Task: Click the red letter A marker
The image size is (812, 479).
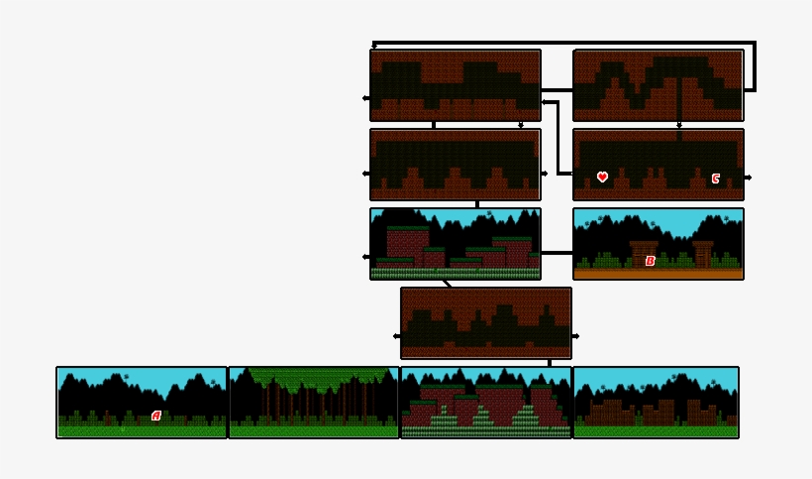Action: click(155, 416)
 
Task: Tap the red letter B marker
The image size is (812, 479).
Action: click(650, 261)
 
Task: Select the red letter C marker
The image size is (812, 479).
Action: click(715, 179)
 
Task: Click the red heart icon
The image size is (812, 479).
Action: click(602, 178)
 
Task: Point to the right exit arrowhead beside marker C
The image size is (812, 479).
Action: click(749, 178)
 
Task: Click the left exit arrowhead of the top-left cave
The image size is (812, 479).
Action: click(365, 98)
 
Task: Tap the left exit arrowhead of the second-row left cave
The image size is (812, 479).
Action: click(365, 174)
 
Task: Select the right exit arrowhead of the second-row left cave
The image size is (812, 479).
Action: click(545, 174)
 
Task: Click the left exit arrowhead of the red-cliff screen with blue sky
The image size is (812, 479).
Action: click(365, 257)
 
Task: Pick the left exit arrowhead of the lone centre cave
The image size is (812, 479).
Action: click(396, 336)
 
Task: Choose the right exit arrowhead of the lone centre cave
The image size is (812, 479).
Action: click(576, 336)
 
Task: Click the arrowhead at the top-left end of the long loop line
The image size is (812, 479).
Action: click(373, 46)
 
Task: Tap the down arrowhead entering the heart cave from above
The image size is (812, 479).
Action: click(679, 126)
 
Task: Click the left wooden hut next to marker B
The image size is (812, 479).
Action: click(643, 252)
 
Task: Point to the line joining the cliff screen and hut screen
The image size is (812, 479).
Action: click(557, 252)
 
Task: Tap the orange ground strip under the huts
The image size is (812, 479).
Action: click(658, 274)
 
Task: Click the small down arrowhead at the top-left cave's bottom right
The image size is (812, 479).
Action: click(521, 126)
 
